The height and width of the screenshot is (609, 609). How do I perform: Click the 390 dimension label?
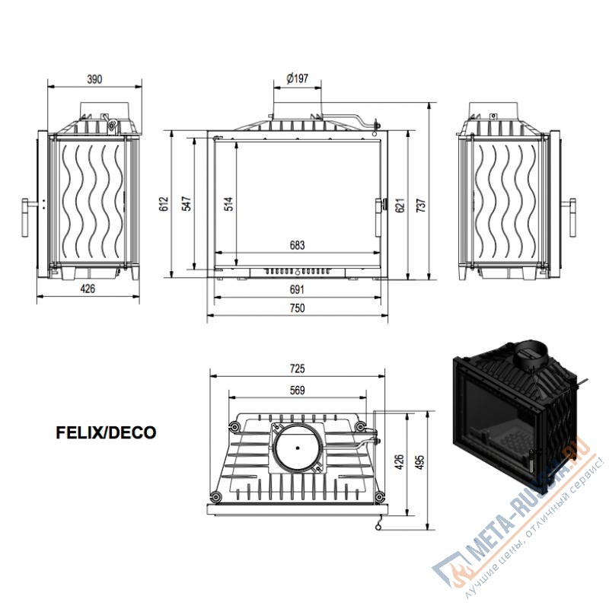pyautogui.click(x=94, y=79)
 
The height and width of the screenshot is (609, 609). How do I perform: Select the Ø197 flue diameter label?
pyautogui.click(x=297, y=78)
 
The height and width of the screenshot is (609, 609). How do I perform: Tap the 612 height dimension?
pyautogui.click(x=164, y=204)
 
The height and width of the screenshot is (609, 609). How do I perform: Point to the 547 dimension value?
pyautogui.click(x=187, y=204)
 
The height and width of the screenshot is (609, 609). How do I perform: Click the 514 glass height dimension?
pyautogui.click(x=229, y=204)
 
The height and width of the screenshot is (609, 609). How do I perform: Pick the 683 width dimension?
pyautogui.click(x=297, y=245)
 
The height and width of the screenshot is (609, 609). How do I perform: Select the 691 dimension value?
pyautogui.click(x=297, y=289)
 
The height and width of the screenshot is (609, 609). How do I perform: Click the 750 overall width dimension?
pyautogui.click(x=297, y=308)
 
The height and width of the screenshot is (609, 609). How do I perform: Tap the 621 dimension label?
pyautogui.click(x=400, y=205)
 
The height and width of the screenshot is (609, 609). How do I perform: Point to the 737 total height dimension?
pyautogui.click(x=421, y=205)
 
